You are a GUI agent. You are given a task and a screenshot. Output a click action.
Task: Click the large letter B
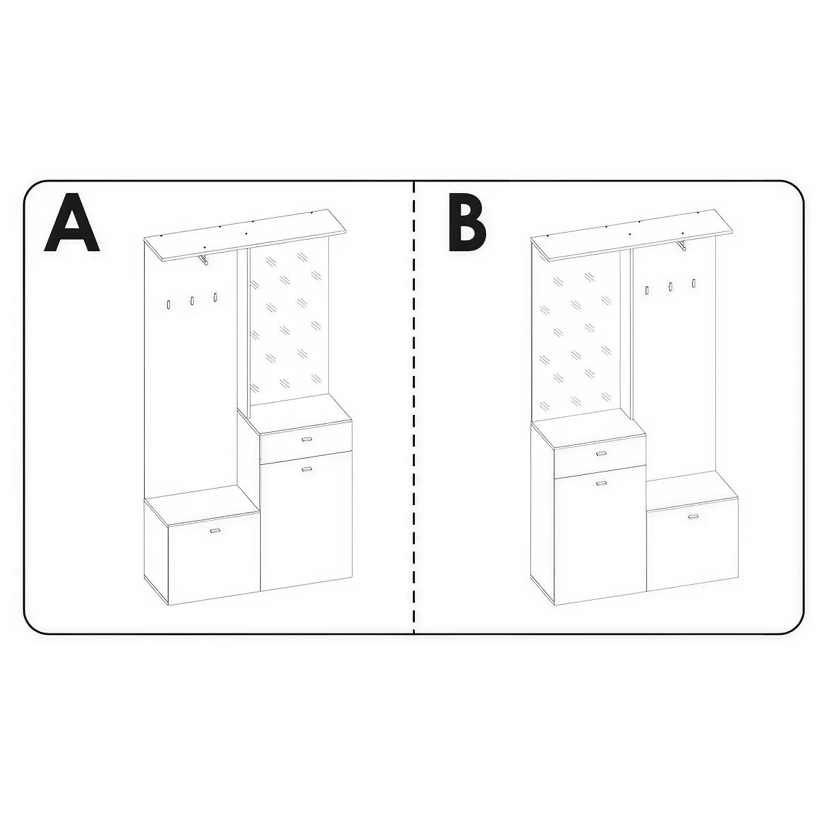tap(468, 222)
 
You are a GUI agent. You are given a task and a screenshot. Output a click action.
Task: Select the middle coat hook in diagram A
tap(192, 300)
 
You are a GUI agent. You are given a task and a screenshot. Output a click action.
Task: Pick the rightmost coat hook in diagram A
tap(216, 297)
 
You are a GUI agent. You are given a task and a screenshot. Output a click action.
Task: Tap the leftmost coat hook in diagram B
tap(647, 290)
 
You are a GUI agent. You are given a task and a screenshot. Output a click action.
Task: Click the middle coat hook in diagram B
tap(671, 287)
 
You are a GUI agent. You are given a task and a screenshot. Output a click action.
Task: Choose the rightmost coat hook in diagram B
tap(694, 283)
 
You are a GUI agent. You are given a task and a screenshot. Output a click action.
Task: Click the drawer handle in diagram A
tap(306, 439)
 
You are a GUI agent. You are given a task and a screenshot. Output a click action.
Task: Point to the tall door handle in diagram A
tap(306, 469)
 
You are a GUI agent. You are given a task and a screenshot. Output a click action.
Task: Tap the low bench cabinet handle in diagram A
tap(214, 530)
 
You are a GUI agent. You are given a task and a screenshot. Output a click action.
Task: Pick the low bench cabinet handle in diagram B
tap(693, 517)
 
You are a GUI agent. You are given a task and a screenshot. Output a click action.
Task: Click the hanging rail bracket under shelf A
tap(203, 259)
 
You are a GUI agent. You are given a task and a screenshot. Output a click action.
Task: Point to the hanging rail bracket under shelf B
tap(681, 245)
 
